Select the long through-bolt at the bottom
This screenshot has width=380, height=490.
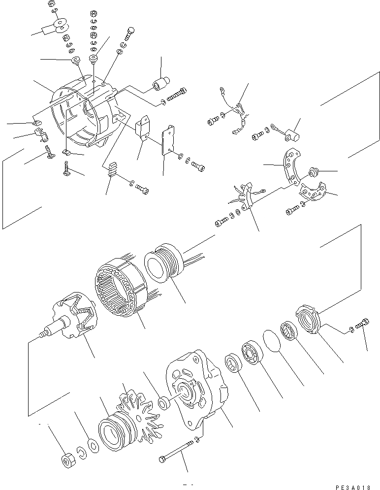click(x=177, y=454)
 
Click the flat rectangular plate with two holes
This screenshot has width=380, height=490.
click(x=169, y=140)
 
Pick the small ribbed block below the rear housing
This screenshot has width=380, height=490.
click(x=113, y=171)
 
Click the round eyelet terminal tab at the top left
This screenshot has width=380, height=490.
click(x=61, y=25)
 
